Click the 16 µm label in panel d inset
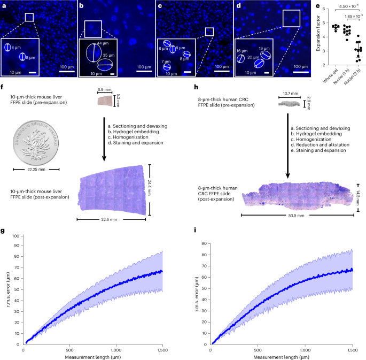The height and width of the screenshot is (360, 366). tap(242, 51)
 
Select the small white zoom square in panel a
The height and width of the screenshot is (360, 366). tap(29, 18)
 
